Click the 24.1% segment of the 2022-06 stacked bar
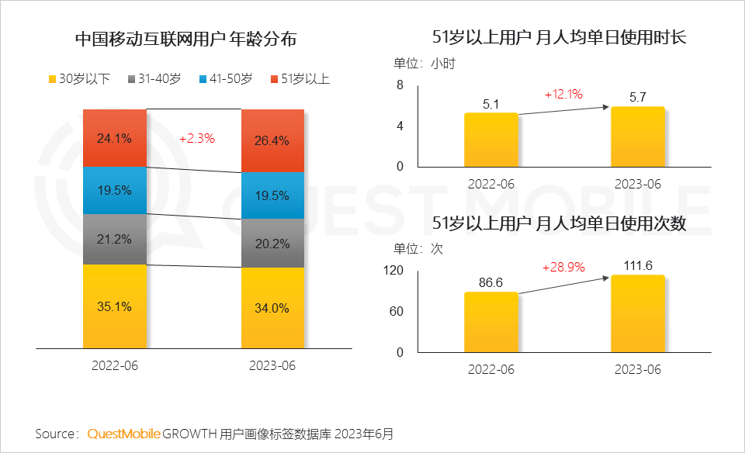click(115, 138)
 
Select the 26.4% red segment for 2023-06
click(273, 140)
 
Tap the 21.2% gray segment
click(115, 239)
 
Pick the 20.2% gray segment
click(273, 244)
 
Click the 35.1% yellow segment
click(115, 306)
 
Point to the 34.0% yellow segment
click(273, 308)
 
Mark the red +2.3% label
click(197, 139)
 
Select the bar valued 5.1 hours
click(490, 140)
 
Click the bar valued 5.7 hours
click(637, 137)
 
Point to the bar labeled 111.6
click(637, 313)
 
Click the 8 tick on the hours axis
click(400, 85)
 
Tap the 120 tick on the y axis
click(394, 271)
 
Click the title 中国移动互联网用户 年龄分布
click(185, 39)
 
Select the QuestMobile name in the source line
click(123, 433)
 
